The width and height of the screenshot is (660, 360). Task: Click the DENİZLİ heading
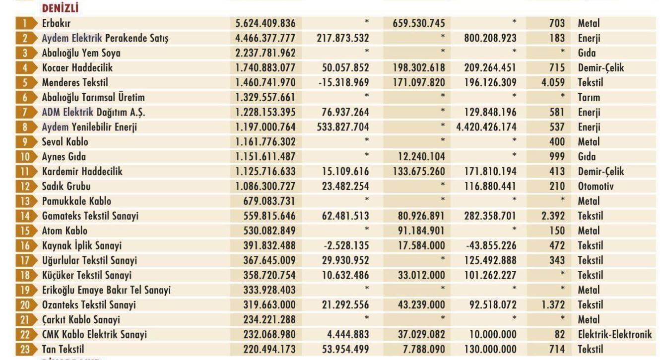point(60,8)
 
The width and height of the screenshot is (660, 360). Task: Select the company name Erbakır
point(56,23)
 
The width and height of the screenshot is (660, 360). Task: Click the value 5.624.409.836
point(265,23)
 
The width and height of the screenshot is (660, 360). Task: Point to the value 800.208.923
point(490,38)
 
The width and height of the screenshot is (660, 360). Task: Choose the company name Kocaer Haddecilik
point(77,68)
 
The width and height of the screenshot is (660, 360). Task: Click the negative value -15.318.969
point(343,82)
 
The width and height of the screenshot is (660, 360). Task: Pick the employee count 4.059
point(553,82)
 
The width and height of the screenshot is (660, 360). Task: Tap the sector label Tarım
point(589,97)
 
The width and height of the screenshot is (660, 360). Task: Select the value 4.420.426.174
point(486,127)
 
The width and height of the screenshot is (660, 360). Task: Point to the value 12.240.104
point(421,157)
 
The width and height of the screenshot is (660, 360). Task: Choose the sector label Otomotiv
point(595,186)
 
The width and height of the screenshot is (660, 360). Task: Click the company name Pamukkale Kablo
point(76,201)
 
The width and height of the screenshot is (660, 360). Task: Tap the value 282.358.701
point(490,216)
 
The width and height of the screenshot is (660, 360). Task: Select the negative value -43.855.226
point(491,245)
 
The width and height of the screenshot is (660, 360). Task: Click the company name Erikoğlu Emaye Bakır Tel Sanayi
point(106,290)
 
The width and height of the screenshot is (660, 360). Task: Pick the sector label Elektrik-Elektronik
point(615,334)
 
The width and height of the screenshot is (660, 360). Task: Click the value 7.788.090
point(424,349)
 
